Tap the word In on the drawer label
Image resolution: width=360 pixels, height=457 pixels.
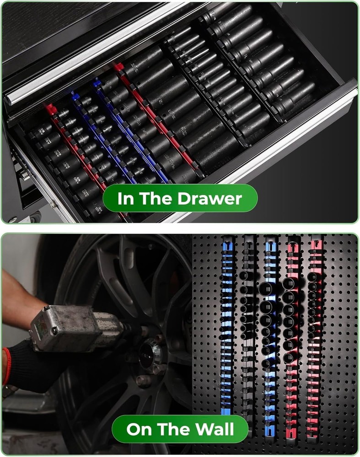[x=125, y=199]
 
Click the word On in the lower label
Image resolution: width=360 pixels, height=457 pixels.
[x=139, y=429]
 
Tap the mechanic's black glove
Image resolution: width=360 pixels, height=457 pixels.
[x=37, y=361]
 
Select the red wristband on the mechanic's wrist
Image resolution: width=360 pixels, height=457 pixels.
[x=6, y=366]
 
